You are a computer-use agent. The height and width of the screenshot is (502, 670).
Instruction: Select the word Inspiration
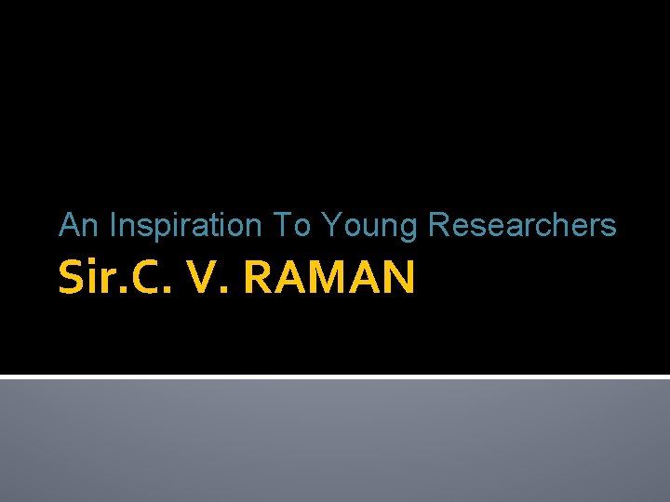(186, 225)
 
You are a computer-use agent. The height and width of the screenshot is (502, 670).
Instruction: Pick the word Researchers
(522, 225)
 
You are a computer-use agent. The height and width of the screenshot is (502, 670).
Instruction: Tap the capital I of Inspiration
(113, 225)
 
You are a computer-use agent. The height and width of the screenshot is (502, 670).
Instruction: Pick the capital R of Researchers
(438, 225)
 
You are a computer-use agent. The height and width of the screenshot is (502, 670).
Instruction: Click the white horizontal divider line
(335, 376)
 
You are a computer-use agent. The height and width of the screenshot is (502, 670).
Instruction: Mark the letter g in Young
(410, 229)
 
